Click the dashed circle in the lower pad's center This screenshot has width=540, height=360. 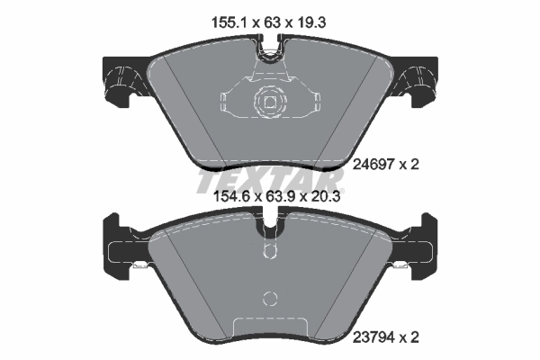pos(269,300)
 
